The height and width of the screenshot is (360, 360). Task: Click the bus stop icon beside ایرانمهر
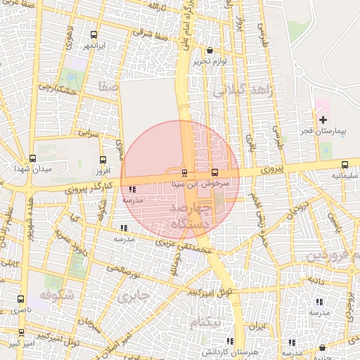(x=94, y=35)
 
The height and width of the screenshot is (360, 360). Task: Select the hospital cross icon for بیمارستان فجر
(x=323, y=120)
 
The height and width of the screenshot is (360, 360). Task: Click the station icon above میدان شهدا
(x=32, y=159)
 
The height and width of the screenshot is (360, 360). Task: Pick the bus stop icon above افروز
(x=103, y=160)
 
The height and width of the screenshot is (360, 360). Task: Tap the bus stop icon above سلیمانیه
(x=345, y=165)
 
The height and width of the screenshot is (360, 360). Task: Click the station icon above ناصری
(x=20, y=299)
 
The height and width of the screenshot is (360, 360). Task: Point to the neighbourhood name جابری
(x=134, y=297)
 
